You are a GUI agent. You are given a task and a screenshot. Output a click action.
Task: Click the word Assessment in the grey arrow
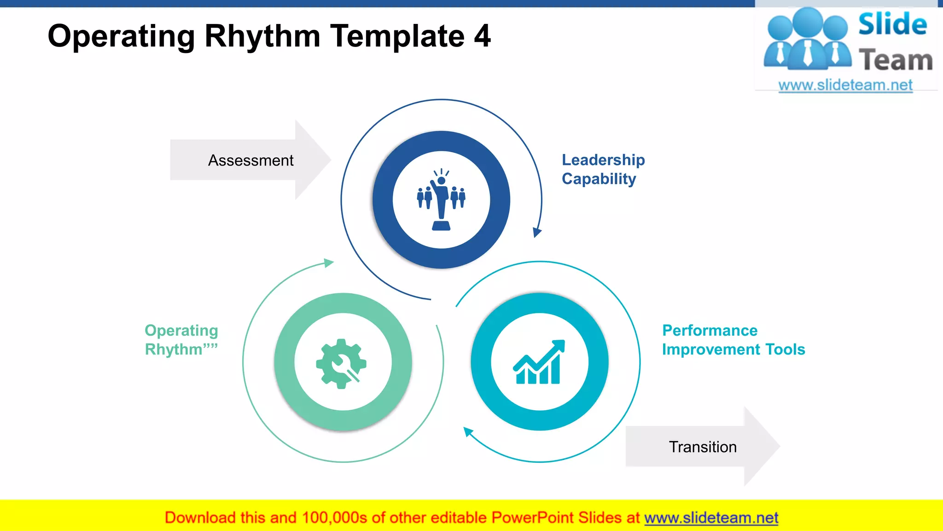[250, 160]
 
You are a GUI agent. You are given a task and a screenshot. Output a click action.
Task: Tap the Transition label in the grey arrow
[703, 447]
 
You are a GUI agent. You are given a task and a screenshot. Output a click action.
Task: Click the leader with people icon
[441, 200]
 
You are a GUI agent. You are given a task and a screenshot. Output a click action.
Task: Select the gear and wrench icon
[341, 363]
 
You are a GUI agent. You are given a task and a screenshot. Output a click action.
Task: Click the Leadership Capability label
[603, 169]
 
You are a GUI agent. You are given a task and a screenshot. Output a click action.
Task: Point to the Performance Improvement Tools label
[733, 340]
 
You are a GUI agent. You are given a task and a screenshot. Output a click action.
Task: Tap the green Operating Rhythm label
[181, 340]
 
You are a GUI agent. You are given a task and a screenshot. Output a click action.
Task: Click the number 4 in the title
[482, 36]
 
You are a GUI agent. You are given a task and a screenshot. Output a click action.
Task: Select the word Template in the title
[397, 36]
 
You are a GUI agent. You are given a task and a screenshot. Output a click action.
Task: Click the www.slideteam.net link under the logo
[845, 85]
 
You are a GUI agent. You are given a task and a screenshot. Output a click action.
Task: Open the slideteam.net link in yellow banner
[711, 518]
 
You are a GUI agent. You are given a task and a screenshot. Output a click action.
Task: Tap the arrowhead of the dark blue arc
[536, 232]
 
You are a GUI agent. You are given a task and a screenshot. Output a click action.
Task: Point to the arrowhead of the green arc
[329, 263]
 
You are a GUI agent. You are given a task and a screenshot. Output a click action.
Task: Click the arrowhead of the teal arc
[468, 432]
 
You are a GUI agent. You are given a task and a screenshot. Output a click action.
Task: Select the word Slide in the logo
[892, 24]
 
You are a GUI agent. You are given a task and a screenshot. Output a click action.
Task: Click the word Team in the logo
[896, 60]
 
